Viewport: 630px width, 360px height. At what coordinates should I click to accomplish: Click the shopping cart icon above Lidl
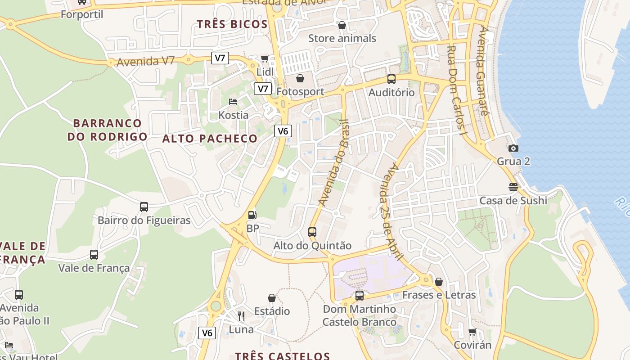point(265,58)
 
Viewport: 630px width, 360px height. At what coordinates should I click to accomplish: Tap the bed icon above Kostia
point(233,102)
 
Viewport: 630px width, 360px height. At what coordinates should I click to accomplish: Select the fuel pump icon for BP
point(252,215)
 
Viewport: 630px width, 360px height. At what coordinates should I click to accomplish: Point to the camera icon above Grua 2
point(513,148)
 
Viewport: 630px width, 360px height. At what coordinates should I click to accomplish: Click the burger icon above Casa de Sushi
point(513,187)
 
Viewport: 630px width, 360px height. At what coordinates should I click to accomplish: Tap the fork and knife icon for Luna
point(241,316)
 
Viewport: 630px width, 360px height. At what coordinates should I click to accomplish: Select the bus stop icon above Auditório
point(391,79)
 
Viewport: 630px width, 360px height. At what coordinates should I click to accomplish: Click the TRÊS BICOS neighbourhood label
point(232,24)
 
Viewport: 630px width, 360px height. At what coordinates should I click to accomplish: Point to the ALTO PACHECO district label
point(210,139)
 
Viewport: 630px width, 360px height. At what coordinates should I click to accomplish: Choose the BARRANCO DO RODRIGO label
point(108,130)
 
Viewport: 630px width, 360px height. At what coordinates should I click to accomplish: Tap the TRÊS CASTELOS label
point(283,355)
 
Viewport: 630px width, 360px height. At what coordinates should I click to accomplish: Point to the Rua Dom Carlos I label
point(457,90)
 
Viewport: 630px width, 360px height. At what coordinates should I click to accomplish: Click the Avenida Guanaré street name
point(483,71)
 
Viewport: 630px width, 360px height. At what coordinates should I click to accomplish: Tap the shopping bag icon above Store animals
point(342,25)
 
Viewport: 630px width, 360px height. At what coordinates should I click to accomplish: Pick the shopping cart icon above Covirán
point(472,332)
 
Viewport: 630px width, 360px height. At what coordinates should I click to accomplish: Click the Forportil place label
point(82,14)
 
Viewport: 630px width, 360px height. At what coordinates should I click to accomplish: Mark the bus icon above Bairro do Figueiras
point(144,207)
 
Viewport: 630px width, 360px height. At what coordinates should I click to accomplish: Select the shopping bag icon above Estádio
point(272,298)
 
